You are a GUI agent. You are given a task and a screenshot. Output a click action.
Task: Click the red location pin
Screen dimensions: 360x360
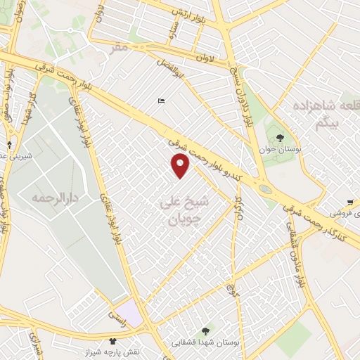181,166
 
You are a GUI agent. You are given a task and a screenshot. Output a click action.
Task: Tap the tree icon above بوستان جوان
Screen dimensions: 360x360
281,138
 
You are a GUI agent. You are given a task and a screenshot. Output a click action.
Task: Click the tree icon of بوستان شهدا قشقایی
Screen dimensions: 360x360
205,330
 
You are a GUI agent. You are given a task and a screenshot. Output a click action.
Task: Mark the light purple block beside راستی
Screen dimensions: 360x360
129,311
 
